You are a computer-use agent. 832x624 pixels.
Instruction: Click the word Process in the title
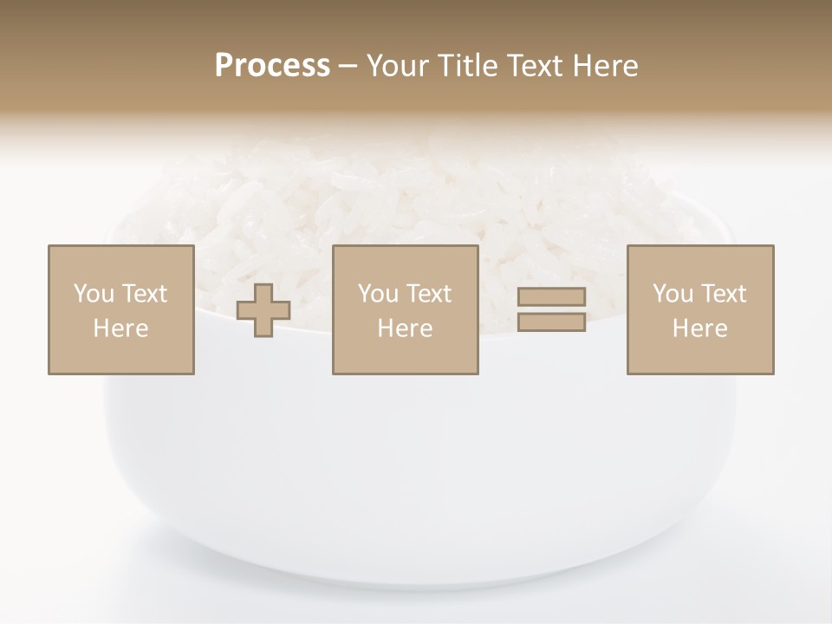tap(272, 66)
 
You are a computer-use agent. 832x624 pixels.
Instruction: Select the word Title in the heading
tap(468, 66)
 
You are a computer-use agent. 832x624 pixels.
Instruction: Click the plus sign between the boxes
tap(263, 310)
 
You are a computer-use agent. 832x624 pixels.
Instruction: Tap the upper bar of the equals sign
tap(551, 297)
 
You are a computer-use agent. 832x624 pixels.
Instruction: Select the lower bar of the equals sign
tap(551, 322)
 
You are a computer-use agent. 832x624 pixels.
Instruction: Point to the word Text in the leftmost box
tap(144, 294)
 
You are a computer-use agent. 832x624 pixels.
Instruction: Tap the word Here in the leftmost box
tap(121, 328)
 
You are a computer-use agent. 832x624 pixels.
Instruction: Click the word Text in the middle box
tap(428, 294)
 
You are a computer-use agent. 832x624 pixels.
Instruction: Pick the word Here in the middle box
tap(406, 328)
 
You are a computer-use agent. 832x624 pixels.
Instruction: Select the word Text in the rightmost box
tap(723, 294)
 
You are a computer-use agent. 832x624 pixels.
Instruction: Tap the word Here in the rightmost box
tap(700, 328)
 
